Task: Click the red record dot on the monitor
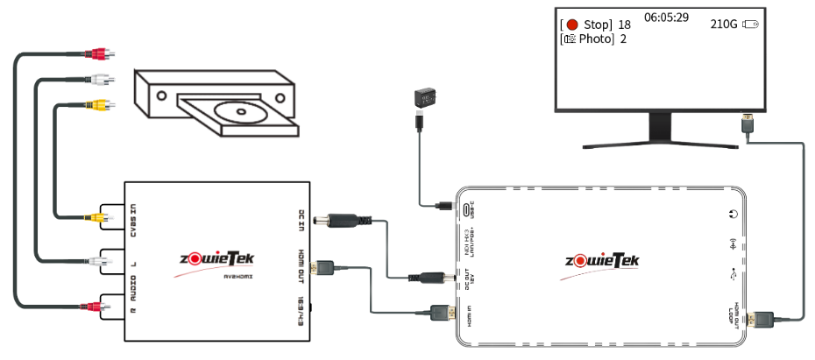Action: [x=573, y=25]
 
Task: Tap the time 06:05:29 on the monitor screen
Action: [x=666, y=18]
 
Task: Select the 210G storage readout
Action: [x=724, y=25]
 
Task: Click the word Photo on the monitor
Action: [x=594, y=39]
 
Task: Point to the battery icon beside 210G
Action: [x=750, y=25]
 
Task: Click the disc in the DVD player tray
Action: [x=237, y=112]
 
